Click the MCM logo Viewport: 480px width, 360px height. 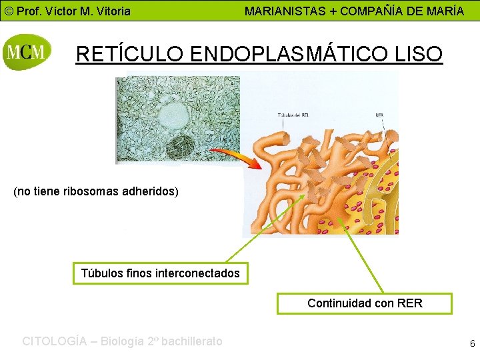tap(27, 51)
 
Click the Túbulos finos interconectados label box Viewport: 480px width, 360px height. tap(160, 273)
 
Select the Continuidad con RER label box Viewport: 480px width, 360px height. tap(365, 303)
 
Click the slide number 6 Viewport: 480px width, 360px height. tap(472, 344)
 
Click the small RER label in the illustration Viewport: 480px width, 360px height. tap(379, 115)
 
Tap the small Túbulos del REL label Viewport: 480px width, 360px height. tap(294, 115)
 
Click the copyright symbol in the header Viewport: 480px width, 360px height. tap(8, 11)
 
